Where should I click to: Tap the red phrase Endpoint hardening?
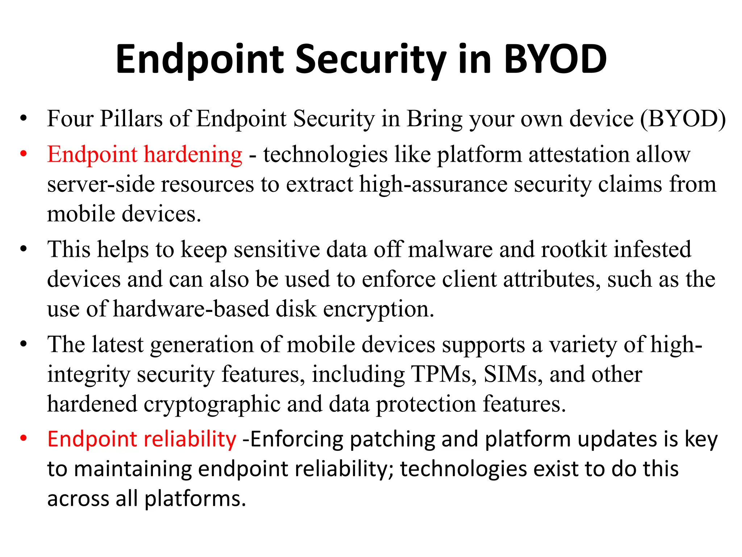(145, 154)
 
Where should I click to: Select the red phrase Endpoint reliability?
(142, 439)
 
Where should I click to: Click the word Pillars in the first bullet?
(131, 119)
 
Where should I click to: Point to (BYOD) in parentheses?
(683, 119)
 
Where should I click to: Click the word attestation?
(579, 154)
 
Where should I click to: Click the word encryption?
(378, 309)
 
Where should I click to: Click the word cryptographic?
(212, 404)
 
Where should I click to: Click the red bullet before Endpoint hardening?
(24, 154)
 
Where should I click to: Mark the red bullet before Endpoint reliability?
(24, 438)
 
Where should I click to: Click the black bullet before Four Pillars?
(24, 119)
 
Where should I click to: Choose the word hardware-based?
(191, 309)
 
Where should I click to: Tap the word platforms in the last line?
(195, 499)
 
